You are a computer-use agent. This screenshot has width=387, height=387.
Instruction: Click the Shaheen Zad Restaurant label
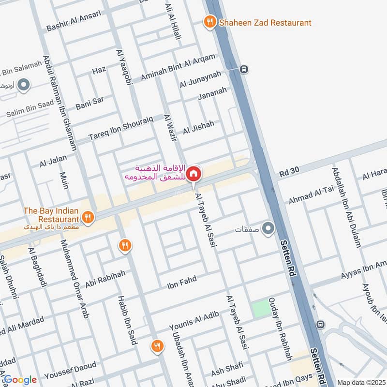pos(265,23)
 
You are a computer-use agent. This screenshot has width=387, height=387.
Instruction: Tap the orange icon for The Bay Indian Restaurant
pos(88,217)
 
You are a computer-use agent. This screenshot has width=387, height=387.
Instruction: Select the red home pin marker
pos(193,173)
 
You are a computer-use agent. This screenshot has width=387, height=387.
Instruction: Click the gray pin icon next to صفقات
pos(268,227)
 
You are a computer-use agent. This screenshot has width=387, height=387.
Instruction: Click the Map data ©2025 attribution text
pos(361,382)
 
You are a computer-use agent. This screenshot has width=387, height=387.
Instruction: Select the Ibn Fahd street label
pos(182,282)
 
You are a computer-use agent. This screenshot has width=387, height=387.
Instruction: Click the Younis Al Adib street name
pos(194,321)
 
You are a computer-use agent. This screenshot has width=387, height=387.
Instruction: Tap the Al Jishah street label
pos(198,128)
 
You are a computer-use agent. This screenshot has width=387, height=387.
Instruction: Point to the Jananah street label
pos(212,93)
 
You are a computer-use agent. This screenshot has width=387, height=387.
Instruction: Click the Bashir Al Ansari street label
pos(74,21)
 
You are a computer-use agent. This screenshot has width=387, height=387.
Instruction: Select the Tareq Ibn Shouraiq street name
pos(121,128)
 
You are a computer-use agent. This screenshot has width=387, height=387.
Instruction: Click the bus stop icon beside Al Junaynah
pos(245,69)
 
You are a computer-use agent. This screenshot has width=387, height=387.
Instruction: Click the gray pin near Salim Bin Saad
pos(24,86)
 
